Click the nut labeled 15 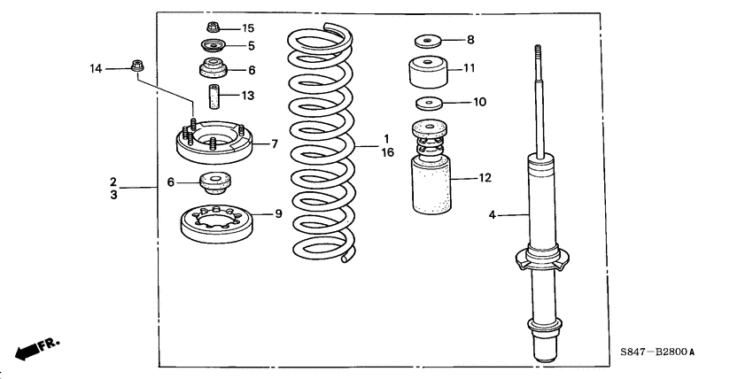point(213,27)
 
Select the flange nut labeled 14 point(137,65)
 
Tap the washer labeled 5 point(213,46)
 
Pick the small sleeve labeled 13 point(213,94)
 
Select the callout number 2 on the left point(113,181)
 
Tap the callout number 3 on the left point(113,194)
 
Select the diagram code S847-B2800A point(656,352)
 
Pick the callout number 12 point(484,178)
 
